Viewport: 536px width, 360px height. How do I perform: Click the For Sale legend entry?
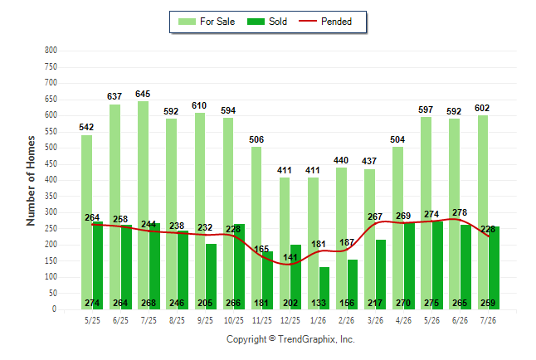tap(207, 22)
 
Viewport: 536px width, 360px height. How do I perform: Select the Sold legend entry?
tap(267, 22)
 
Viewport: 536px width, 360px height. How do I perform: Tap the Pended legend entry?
tap(325, 22)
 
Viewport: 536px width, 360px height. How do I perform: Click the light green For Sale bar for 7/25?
tap(144, 205)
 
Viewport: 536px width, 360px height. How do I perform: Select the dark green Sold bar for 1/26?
tap(324, 288)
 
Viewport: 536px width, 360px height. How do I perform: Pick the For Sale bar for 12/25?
tap(285, 243)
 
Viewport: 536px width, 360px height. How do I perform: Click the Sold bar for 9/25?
tap(212, 276)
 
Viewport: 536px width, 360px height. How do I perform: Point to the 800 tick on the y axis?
tap(51, 51)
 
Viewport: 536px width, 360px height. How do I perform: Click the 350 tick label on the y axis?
tap(51, 197)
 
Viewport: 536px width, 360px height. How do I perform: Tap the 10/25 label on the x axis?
tap(234, 320)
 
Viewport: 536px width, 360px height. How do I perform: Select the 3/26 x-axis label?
tap(375, 320)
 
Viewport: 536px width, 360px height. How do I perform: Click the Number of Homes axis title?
tap(31, 181)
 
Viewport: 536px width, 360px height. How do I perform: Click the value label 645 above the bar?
tap(143, 94)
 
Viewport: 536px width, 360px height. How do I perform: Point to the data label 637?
tap(115, 97)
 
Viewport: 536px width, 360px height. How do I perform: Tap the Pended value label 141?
tap(290, 257)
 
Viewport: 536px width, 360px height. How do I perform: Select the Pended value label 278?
tap(460, 212)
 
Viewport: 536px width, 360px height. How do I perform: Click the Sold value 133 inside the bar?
tap(319, 304)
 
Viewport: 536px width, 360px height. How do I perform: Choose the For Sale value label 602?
tap(482, 109)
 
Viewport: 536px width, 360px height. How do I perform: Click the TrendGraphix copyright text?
tap(290, 339)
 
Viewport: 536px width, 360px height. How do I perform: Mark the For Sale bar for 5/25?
tap(86, 222)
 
